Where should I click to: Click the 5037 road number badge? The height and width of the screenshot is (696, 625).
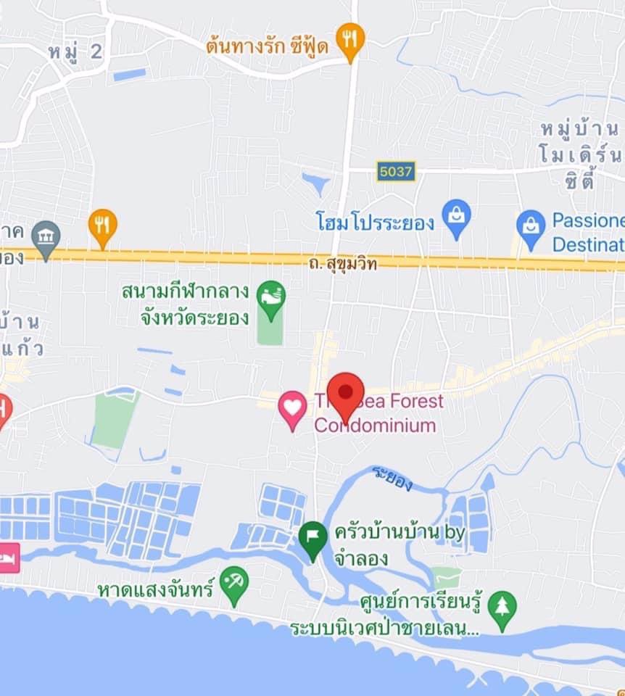396,171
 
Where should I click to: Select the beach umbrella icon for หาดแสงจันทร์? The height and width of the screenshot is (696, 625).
234,584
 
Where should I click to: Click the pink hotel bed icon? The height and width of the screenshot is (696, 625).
9,558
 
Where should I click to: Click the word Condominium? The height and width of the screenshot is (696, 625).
375,425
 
